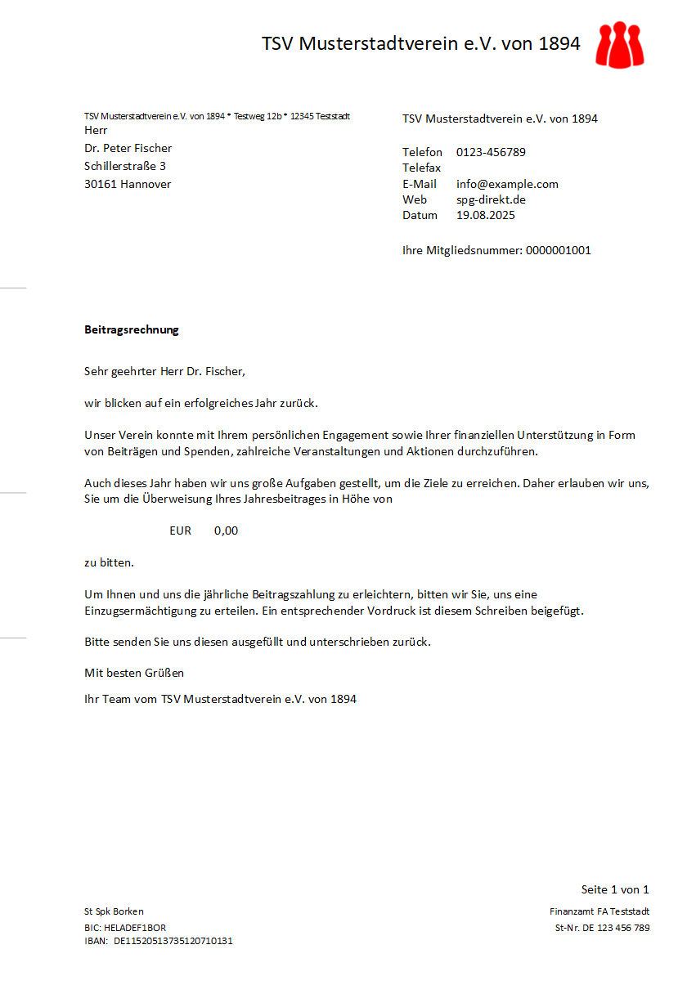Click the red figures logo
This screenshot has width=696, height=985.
[620, 44]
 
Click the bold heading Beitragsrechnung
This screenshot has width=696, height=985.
[131, 330]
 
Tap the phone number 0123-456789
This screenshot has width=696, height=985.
[491, 152]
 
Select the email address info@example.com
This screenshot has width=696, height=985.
[507, 184]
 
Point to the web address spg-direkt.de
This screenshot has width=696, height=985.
[491, 199]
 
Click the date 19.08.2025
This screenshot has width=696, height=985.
[486, 215]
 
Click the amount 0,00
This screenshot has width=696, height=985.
[226, 531]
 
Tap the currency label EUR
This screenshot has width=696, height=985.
[180, 531]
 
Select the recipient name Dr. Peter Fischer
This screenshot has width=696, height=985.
[128, 148]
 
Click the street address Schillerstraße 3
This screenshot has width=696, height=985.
[125, 166]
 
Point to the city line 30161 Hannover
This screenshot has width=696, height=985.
[128, 184]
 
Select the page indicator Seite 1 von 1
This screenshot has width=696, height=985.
[615, 889]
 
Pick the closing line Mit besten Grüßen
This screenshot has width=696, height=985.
[134, 673]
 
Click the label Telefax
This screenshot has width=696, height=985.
[421, 168]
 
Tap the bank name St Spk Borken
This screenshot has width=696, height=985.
[114, 911]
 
